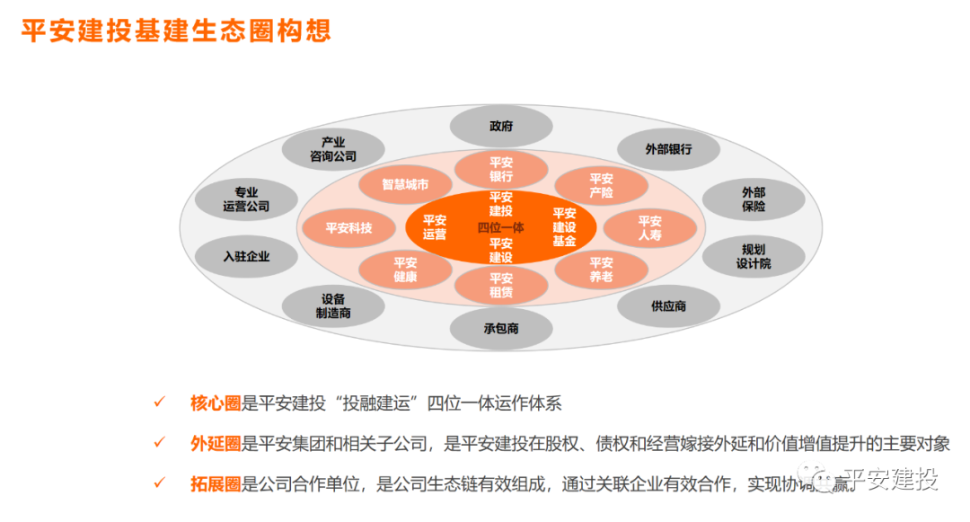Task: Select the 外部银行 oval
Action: pos(668,148)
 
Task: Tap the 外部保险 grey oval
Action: pos(753,199)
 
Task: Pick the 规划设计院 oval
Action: pos(753,256)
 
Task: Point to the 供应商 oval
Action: pos(668,306)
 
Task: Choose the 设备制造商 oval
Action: pos(332,306)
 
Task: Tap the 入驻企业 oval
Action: pos(246,256)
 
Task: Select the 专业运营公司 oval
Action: pos(246,199)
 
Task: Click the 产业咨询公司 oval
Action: pos(332,149)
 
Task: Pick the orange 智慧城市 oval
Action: pos(405,184)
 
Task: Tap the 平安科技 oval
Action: pos(348,228)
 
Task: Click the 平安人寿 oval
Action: pos(649,228)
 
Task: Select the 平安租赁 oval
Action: pos(501,286)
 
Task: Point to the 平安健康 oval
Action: pos(405,270)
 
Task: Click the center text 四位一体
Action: pos(500,228)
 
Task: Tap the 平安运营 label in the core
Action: pos(435,227)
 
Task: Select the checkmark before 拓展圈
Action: pos(159,483)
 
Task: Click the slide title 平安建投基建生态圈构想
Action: pos(176,30)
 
